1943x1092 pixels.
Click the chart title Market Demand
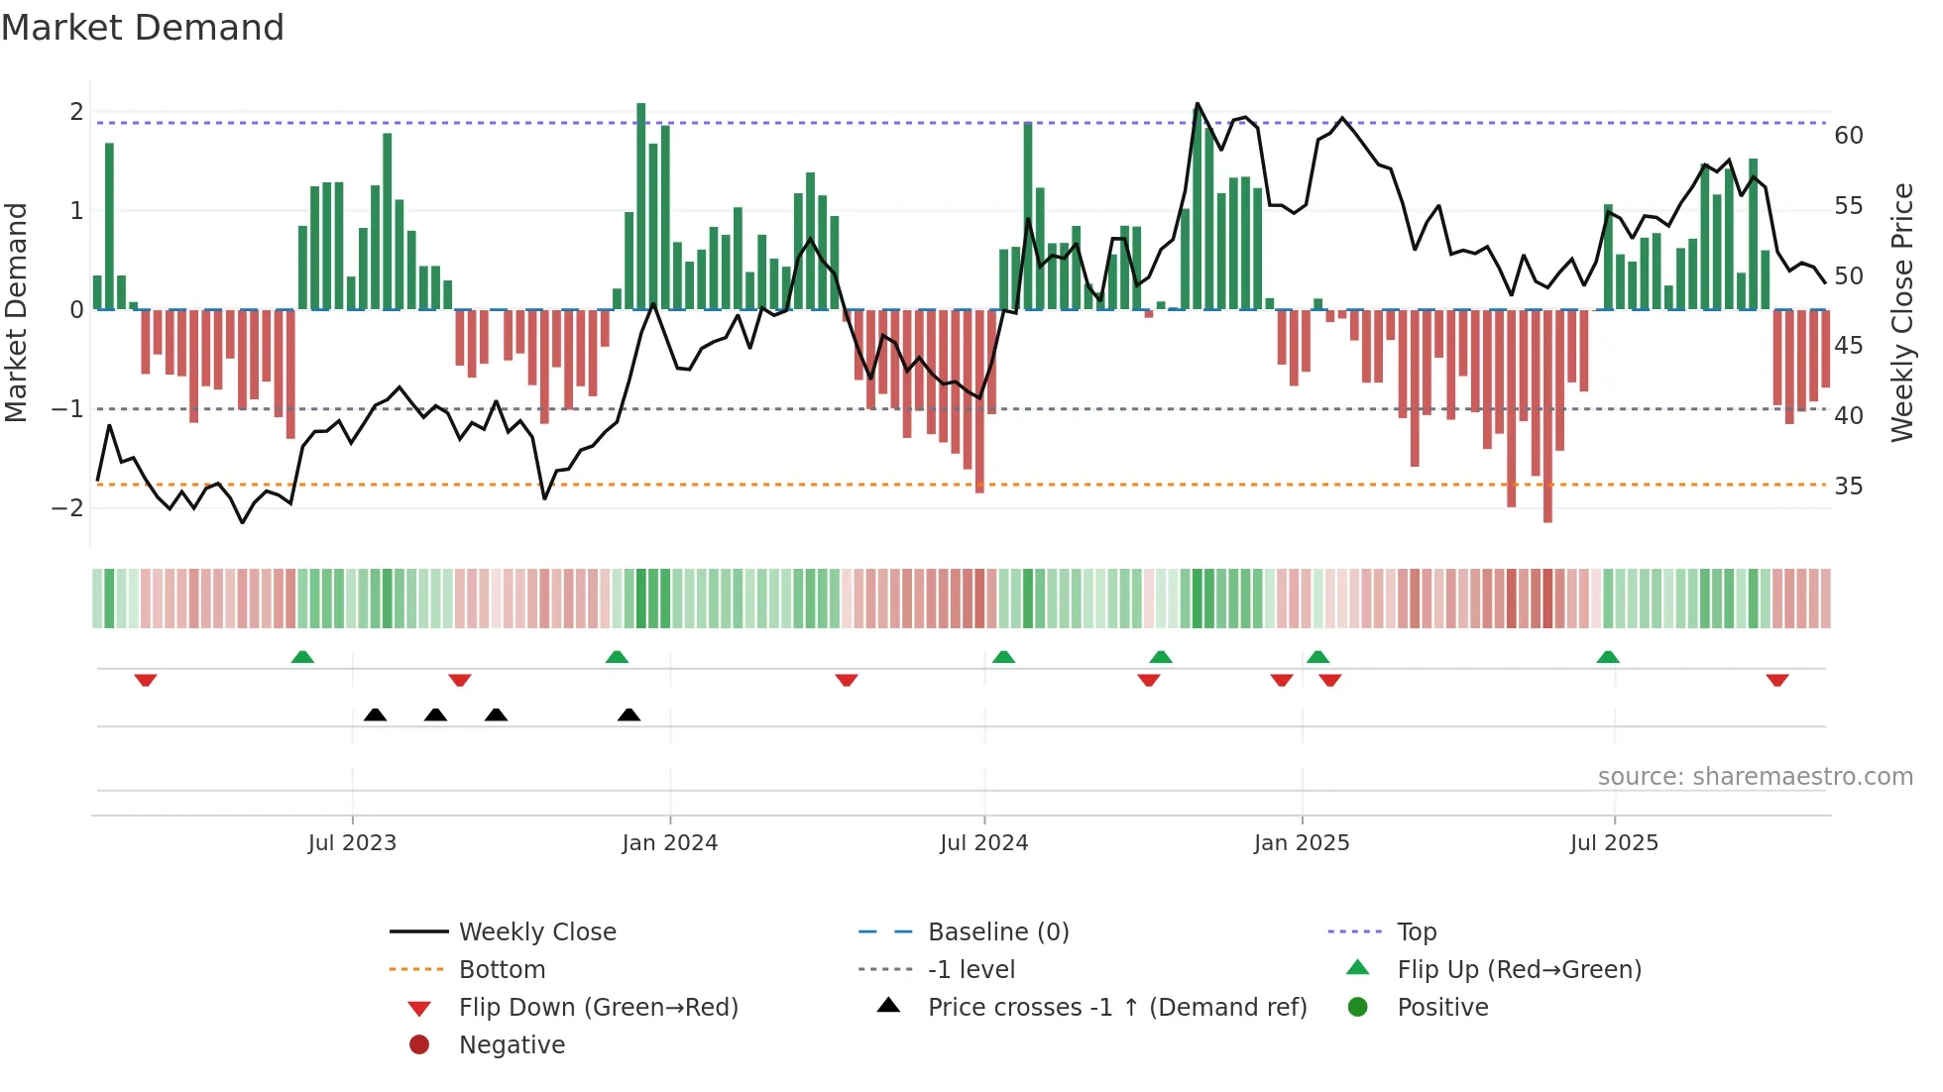143,28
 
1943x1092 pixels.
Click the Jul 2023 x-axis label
352,843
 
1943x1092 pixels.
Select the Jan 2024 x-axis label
669,843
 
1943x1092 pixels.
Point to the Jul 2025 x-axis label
1614,843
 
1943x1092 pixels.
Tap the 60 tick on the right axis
1848,136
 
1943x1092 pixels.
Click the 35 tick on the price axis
1848,487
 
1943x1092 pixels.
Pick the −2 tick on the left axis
67,508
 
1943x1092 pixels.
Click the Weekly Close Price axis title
1901,312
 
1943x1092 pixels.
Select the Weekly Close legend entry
536,932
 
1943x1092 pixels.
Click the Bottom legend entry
502,970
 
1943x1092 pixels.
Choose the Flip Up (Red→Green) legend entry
1519,970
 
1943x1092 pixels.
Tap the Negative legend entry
512,1045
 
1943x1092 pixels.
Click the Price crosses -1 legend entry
1116,1008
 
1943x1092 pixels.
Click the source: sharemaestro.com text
1755,777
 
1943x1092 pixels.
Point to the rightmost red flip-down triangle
1776,680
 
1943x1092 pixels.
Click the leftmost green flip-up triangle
302,657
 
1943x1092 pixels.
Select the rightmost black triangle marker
629,714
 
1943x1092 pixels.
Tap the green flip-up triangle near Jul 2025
1607,657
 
